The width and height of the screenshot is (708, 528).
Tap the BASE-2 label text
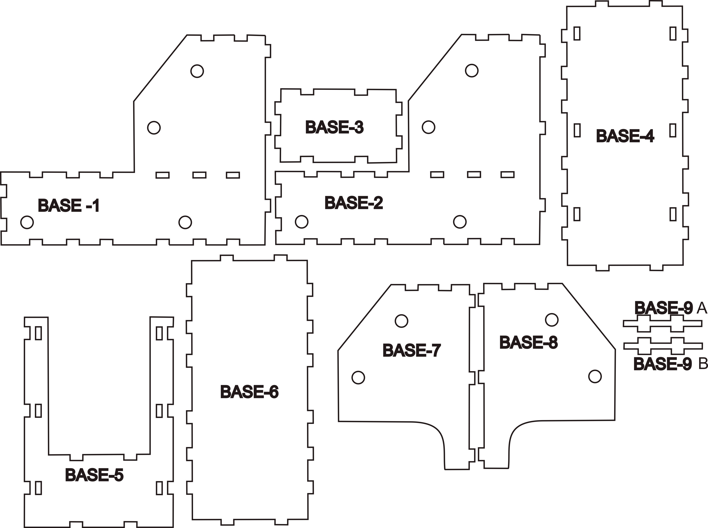pyautogui.click(x=354, y=203)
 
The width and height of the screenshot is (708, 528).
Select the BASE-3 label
pyautogui.click(x=334, y=127)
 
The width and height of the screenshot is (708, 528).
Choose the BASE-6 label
pyautogui.click(x=249, y=392)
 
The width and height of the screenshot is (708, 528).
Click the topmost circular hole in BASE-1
pyautogui.click(x=197, y=71)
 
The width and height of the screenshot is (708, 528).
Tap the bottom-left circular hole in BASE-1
pyautogui.click(x=27, y=222)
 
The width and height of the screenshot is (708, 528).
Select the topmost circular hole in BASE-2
pyautogui.click(x=472, y=70)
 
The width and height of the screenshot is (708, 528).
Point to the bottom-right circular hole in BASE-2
pyautogui.click(x=460, y=222)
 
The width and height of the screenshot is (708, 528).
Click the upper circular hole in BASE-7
pyautogui.click(x=401, y=321)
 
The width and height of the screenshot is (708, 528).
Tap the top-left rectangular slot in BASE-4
pyautogui.click(x=577, y=33)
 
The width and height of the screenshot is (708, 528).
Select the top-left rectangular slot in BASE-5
pyautogui.click(x=38, y=333)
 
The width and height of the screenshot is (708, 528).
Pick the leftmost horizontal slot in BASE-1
pyautogui.click(x=163, y=175)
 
